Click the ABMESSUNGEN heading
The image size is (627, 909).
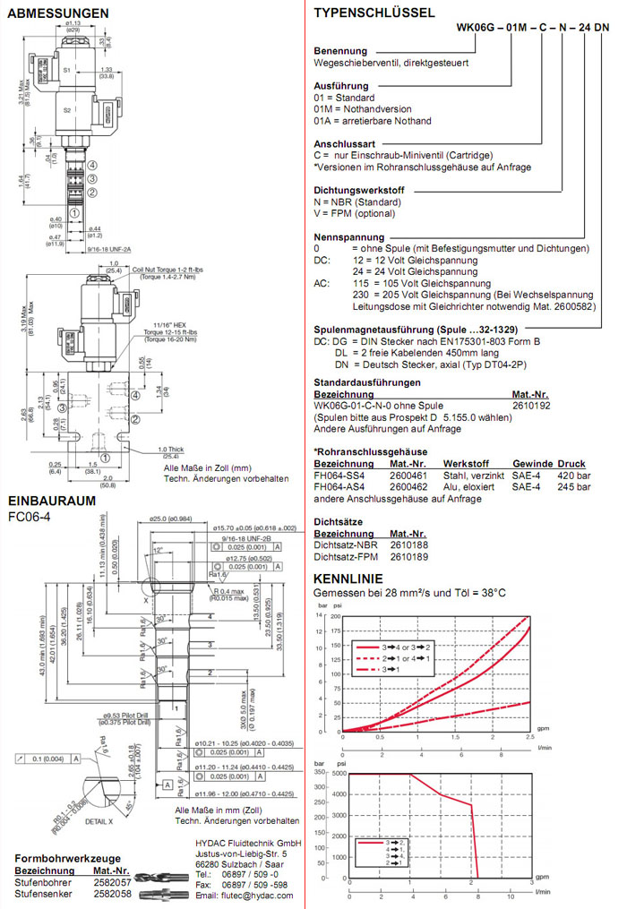coord(57,13)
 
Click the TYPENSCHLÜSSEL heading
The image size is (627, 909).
coord(374,13)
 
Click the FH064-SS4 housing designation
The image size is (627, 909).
coord(336,475)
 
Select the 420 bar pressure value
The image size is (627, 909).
coord(571,475)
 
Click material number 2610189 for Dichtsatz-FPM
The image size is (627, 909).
coord(408,556)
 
